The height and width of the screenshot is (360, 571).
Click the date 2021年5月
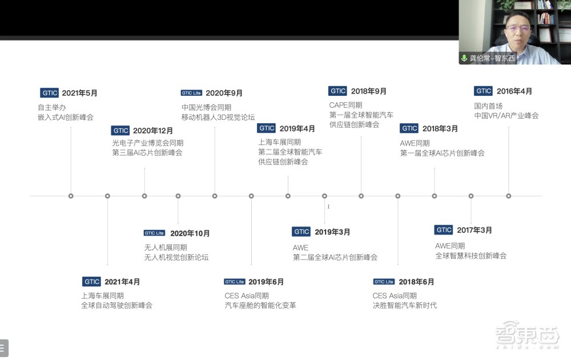click(x=79, y=93)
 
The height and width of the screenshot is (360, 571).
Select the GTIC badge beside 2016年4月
click(x=483, y=91)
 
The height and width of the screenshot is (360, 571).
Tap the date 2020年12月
click(x=153, y=131)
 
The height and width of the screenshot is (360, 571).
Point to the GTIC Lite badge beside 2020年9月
click(x=191, y=93)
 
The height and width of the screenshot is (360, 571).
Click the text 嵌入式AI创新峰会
click(x=66, y=117)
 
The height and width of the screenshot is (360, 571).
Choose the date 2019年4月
click(x=297, y=128)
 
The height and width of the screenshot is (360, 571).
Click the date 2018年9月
click(x=368, y=91)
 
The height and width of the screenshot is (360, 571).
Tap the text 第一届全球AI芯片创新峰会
click(x=442, y=153)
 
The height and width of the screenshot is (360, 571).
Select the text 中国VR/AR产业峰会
click(x=506, y=116)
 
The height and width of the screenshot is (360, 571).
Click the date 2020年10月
click(x=190, y=233)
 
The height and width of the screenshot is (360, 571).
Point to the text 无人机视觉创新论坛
click(x=176, y=257)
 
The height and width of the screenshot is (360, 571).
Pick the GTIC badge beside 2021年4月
click(x=91, y=281)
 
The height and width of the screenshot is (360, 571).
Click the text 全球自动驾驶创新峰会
click(x=116, y=305)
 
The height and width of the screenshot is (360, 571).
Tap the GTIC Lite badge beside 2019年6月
click(x=235, y=282)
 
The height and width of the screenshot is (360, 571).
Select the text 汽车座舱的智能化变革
click(x=260, y=305)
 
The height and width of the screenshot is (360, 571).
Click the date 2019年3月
click(x=332, y=232)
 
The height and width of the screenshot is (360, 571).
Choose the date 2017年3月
click(x=474, y=230)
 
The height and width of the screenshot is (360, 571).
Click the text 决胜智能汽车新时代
click(x=405, y=305)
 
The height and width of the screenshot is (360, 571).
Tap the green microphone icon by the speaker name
click(x=464, y=58)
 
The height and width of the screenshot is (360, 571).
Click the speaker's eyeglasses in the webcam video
click(x=517, y=27)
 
